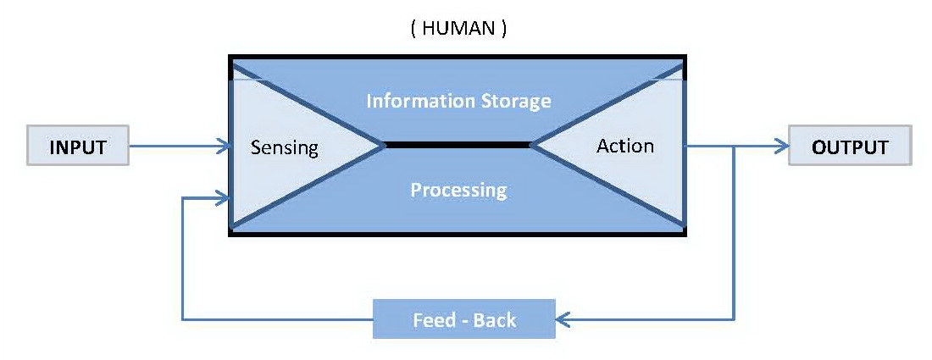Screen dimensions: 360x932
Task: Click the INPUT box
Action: click(78, 147)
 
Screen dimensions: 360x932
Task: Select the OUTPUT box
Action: click(850, 147)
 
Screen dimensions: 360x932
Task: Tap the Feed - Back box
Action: click(464, 319)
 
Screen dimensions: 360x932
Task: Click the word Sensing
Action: click(284, 148)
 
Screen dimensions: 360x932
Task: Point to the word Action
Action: click(625, 146)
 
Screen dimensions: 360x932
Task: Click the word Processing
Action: click(458, 189)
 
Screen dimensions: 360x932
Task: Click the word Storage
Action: click(514, 102)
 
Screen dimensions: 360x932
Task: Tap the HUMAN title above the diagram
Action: click(458, 30)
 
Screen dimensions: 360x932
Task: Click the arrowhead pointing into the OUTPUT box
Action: click(782, 147)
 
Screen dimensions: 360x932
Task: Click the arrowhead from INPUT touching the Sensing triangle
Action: click(225, 147)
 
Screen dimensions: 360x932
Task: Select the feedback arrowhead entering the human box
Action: click(225, 200)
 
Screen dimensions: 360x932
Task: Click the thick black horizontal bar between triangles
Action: click(458, 146)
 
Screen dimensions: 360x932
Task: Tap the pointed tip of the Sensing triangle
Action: click(386, 146)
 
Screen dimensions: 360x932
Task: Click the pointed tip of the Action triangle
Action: click(531, 146)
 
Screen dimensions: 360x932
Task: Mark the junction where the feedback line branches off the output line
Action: click(734, 147)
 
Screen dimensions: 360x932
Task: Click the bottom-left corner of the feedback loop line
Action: click(182, 319)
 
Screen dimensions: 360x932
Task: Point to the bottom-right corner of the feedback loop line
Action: click(734, 319)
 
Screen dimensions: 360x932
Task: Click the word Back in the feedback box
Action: click(495, 320)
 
